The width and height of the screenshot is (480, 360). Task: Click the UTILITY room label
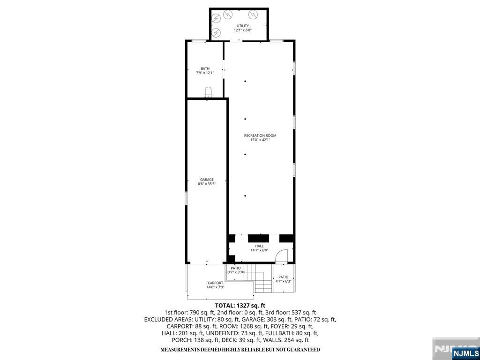click(242, 26)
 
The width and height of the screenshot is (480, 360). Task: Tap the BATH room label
click(205, 68)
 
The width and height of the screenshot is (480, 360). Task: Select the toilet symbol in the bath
click(208, 91)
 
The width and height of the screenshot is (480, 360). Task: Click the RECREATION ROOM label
click(260, 135)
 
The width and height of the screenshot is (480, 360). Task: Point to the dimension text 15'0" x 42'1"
click(260, 140)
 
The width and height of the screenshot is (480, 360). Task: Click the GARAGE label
click(207, 180)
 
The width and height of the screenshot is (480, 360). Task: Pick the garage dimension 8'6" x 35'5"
click(207, 184)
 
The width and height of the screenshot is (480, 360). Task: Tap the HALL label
click(259, 246)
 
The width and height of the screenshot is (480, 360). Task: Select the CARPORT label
click(215, 283)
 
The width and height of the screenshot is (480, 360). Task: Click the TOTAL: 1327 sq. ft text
click(240, 305)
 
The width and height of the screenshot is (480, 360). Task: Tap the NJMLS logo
click(465, 353)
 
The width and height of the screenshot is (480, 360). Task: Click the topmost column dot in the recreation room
click(245, 81)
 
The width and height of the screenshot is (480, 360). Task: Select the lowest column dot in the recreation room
click(245, 195)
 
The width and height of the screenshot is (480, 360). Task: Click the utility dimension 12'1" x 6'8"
click(242, 30)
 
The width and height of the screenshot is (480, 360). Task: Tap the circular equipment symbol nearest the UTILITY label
click(253, 14)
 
